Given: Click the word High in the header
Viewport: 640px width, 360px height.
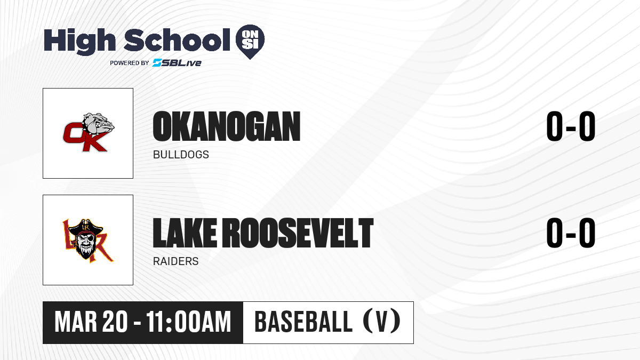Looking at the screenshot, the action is click(79, 42).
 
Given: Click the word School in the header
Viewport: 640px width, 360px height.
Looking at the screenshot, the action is click(177, 39).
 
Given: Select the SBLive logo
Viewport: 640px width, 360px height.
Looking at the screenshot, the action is click(177, 63).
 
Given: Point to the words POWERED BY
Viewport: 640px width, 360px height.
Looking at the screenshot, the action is click(130, 63).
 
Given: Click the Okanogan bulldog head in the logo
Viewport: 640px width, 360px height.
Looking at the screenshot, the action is click(98, 124).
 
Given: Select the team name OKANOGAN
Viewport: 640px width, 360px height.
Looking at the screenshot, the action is click(227, 126).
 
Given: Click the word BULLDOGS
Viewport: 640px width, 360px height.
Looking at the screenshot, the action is click(181, 155).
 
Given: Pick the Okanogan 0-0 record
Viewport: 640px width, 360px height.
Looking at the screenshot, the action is click(571, 126).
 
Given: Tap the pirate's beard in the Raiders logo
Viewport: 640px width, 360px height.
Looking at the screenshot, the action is click(86, 251).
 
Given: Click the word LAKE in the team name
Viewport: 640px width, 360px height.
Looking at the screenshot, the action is click(185, 233).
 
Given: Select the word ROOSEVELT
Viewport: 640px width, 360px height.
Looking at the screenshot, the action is click(298, 233).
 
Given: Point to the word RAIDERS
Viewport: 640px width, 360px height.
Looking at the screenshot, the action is click(175, 261).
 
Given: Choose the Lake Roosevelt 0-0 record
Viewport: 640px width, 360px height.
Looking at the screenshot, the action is click(571, 233).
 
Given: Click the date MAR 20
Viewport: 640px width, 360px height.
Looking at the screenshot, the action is click(91, 322).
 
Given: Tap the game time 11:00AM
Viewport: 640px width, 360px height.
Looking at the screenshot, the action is click(189, 322).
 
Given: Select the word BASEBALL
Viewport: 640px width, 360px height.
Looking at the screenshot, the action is click(303, 322).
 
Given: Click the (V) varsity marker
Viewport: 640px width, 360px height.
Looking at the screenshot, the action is click(382, 322).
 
